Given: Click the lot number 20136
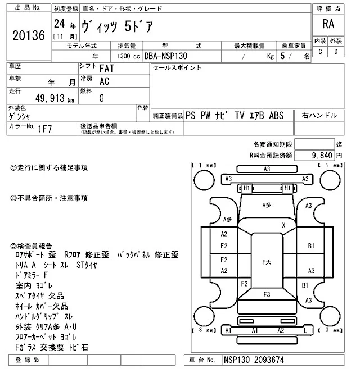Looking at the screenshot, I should point(28,35).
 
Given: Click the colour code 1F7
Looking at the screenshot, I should point(45,129).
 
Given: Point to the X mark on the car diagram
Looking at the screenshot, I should point(284,225).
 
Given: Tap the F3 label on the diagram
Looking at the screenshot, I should point(266,294).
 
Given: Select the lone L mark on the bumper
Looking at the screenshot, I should point(305,331).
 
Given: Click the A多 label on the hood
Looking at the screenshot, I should point(268,206).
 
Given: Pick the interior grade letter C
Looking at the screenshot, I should point(320,52).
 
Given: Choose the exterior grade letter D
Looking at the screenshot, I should point(336,52).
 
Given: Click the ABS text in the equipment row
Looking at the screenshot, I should point(276,115).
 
